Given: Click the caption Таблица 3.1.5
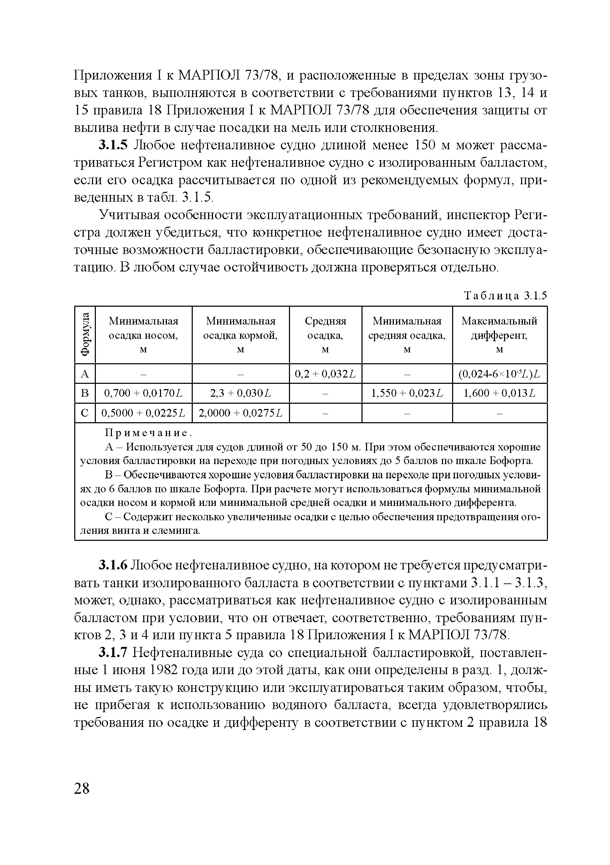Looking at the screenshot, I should pos(505,296).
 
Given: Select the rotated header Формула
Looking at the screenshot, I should pos(85,335).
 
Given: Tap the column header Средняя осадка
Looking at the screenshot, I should pos(325,335).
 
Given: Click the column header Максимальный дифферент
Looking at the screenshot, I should pos(499,335).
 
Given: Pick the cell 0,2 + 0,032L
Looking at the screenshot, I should pos(325,374).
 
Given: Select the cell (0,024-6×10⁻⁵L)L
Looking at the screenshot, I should pos(499,374).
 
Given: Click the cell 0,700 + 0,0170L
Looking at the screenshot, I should pos(143,393).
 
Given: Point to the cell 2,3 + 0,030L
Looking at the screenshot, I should pos(241,393).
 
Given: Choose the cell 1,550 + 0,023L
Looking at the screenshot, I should pos(407,393).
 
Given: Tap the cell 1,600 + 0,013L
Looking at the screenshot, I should pos(499,393).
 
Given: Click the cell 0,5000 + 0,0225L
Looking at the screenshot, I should pos(143,413).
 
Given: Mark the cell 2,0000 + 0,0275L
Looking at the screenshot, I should pos(241,413).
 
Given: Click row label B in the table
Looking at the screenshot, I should pos(85,393).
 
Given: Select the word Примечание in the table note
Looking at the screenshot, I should pos(147,433).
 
